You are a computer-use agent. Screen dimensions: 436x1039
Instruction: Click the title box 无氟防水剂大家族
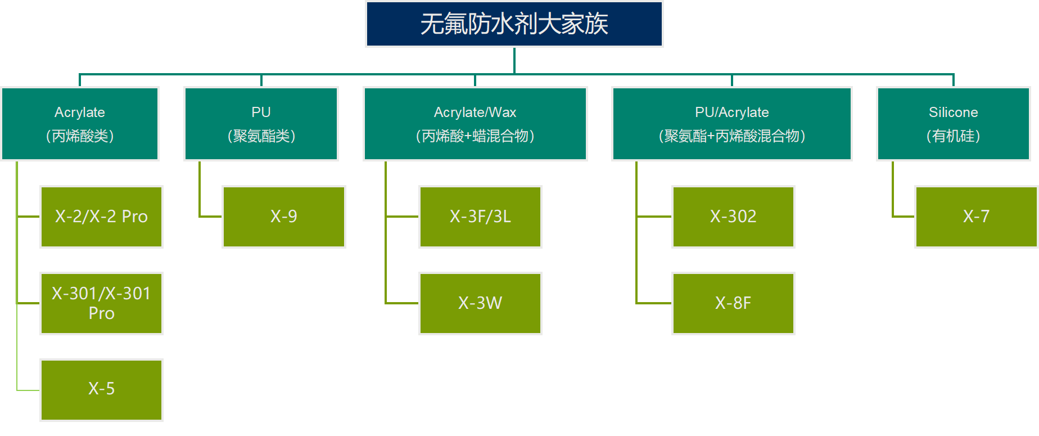pyautogui.click(x=514, y=24)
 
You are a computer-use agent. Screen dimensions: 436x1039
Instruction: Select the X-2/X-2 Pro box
pyautogui.click(x=101, y=217)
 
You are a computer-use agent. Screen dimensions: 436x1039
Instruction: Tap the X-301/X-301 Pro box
pyautogui.click(x=101, y=303)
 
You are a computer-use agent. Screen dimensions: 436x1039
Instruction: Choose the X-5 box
pyautogui.click(x=101, y=389)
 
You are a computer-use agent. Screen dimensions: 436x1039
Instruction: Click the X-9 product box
pyautogui.click(x=283, y=217)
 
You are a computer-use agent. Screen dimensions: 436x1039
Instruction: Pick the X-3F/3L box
pyautogui.click(x=480, y=217)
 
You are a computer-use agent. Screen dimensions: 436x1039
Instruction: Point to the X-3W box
pyautogui.click(x=480, y=303)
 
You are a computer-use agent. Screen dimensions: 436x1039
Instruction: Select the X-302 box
pyautogui.click(x=733, y=217)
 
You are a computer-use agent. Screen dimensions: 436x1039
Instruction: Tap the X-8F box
pyautogui.click(x=733, y=303)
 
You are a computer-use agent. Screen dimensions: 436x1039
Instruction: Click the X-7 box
pyautogui.click(x=976, y=217)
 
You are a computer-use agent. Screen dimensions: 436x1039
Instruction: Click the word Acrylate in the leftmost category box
pyautogui.click(x=80, y=113)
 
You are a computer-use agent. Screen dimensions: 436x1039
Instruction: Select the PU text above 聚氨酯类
pyautogui.click(x=261, y=112)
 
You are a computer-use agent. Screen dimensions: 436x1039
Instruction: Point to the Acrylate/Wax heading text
pyautogui.click(x=475, y=113)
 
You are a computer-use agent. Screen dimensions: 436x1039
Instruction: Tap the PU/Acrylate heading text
pyautogui.click(x=731, y=113)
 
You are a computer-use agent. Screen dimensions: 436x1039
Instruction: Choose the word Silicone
pyautogui.click(x=953, y=113)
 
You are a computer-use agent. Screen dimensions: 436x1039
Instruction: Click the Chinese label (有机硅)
pyautogui.click(x=953, y=136)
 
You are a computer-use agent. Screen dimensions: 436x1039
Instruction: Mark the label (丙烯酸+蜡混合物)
pyautogui.click(x=475, y=136)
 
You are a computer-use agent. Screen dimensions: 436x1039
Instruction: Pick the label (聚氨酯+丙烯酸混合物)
pyautogui.click(x=731, y=136)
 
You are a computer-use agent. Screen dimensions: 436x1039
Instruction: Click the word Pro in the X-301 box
pyautogui.click(x=102, y=313)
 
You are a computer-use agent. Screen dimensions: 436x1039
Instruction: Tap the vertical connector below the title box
pyautogui.click(x=514, y=61)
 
